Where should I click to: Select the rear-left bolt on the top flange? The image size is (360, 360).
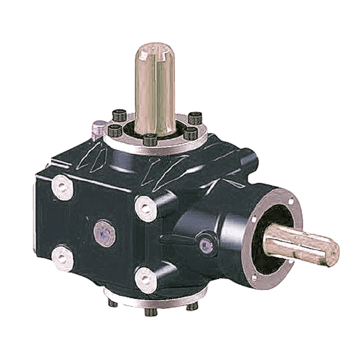point(119,115)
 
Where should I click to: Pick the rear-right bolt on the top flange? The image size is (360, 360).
point(194,117)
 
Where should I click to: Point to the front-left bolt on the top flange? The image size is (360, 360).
point(116,130)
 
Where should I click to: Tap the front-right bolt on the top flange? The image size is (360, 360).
point(191,132)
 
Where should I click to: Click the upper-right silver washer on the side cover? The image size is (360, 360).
point(145,208)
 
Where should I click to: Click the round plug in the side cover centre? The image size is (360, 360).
point(105,233)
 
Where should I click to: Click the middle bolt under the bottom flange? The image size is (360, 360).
point(150,311)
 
